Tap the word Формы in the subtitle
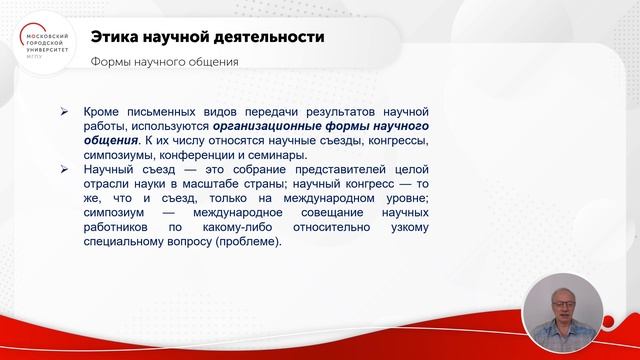click(111, 62)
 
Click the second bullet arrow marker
click(64, 171)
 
